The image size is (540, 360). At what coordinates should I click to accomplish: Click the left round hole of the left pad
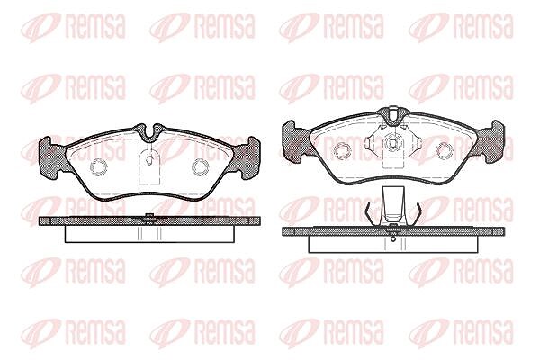pyautogui.click(x=99, y=167)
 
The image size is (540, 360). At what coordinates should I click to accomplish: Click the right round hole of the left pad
pyautogui.click(x=201, y=167)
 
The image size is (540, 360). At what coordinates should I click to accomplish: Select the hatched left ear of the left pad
pyautogui.click(x=51, y=157)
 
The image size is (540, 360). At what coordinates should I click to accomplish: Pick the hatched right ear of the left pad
pyautogui.click(x=247, y=157)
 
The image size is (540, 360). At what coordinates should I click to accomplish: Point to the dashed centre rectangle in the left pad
pyautogui.click(x=149, y=168)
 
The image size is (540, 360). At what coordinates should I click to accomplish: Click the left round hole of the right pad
pyautogui.click(x=343, y=151)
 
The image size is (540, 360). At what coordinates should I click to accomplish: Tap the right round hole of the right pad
pyautogui.click(x=445, y=151)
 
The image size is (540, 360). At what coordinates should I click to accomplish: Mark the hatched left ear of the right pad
pyautogui.click(x=295, y=141)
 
